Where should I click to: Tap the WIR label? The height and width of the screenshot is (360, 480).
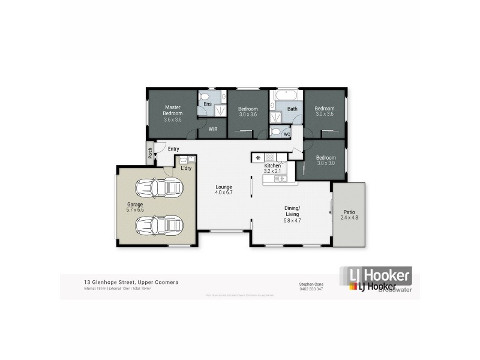click(x=212, y=129)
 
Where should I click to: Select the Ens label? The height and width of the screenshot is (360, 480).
click(x=207, y=104)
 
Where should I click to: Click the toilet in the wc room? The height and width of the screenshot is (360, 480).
click(x=275, y=132)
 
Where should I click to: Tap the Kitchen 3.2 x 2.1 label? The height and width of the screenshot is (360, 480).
click(x=272, y=168)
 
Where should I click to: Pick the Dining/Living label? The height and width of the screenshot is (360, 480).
click(x=292, y=213)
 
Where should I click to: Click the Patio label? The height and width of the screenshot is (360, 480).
click(x=349, y=214)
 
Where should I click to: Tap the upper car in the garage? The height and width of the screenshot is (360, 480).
click(x=158, y=190)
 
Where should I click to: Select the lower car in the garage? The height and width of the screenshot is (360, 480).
click(x=158, y=226)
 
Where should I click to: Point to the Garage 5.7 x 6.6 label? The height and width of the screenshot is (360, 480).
click(x=135, y=207)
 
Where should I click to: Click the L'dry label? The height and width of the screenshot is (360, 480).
click(x=186, y=168)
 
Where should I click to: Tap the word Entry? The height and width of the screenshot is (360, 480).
click(x=173, y=149)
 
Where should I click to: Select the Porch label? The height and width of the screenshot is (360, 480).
click(x=149, y=154)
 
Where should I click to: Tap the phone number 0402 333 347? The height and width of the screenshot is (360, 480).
click(x=311, y=289)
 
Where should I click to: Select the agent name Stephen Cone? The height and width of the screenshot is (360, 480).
click(x=311, y=284)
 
